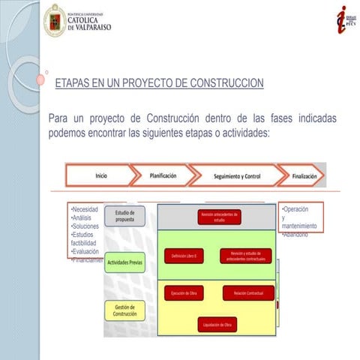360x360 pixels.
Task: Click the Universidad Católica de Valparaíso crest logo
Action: [54, 20]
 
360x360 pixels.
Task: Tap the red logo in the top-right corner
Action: [343, 19]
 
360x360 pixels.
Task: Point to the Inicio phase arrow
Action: [101, 175]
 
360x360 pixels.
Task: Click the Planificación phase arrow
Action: [162, 175]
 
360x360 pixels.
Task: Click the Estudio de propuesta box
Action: [124, 216]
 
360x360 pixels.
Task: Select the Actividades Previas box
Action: [124, 263]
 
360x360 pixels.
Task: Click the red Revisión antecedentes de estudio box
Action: [219, 217]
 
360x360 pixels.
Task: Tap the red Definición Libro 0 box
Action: [184, 256]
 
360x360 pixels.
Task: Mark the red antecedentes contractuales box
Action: [246, 256]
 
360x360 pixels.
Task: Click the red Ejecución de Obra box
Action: [184, 292]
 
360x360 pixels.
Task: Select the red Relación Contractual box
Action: [246, 292]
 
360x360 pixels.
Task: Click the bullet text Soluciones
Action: [85, 226]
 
